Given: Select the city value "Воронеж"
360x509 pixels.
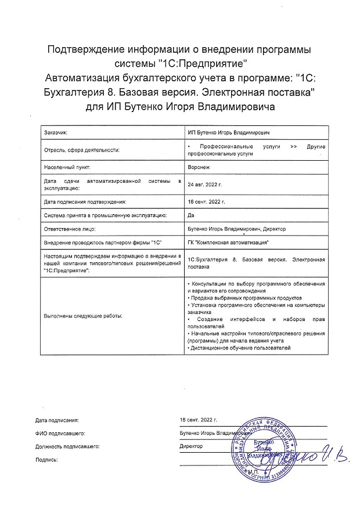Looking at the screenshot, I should click(x=199, y=166).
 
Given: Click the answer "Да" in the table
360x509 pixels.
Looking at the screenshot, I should click(x=192, y=215).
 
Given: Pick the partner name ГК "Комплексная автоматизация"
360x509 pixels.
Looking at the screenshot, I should click(x=229, y=242).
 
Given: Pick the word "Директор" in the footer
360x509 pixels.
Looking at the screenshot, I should click(x=191, y=446).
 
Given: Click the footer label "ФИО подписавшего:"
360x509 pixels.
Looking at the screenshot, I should click(x=60, y=432).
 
